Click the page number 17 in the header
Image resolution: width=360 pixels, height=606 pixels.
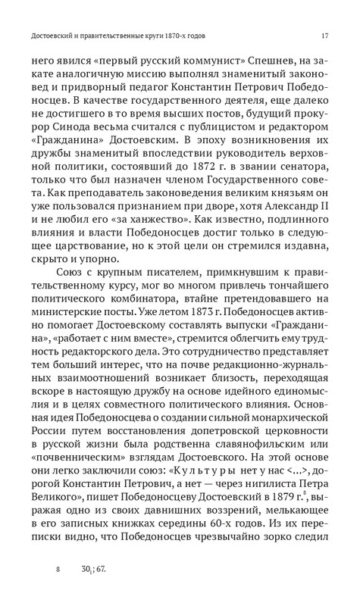tap(324, 35)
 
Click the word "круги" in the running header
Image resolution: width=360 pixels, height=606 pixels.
tap(152, 35)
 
